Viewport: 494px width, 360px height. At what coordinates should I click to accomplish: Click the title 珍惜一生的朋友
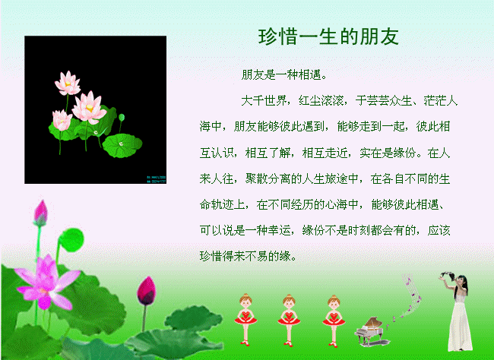pyautogui.click(x=328, y=36)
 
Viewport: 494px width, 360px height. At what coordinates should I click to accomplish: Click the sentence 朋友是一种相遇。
pyautogui.click(x=284, y=75)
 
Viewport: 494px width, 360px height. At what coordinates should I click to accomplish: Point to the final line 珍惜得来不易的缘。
pyautogui.click(x=249, y=256)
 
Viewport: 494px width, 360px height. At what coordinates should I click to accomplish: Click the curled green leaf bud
pyautogui.click(x=71, y=240)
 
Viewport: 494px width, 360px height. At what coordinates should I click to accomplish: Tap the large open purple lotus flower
pyautogui.click(x=46, y=282)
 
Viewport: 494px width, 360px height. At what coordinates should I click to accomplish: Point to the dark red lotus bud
pyautogui.click(x=147, y=291)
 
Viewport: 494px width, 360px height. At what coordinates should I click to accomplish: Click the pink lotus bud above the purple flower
pyautogui.click(x=40, y=213)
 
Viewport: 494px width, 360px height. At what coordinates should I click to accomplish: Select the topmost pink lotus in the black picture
pyautogui.click(x=68, y=83)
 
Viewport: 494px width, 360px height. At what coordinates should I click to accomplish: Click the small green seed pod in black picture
pyautogui.click(x=122, y=118)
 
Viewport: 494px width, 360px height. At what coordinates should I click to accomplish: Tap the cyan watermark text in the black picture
pyautogui.click(x=156, y=179)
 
